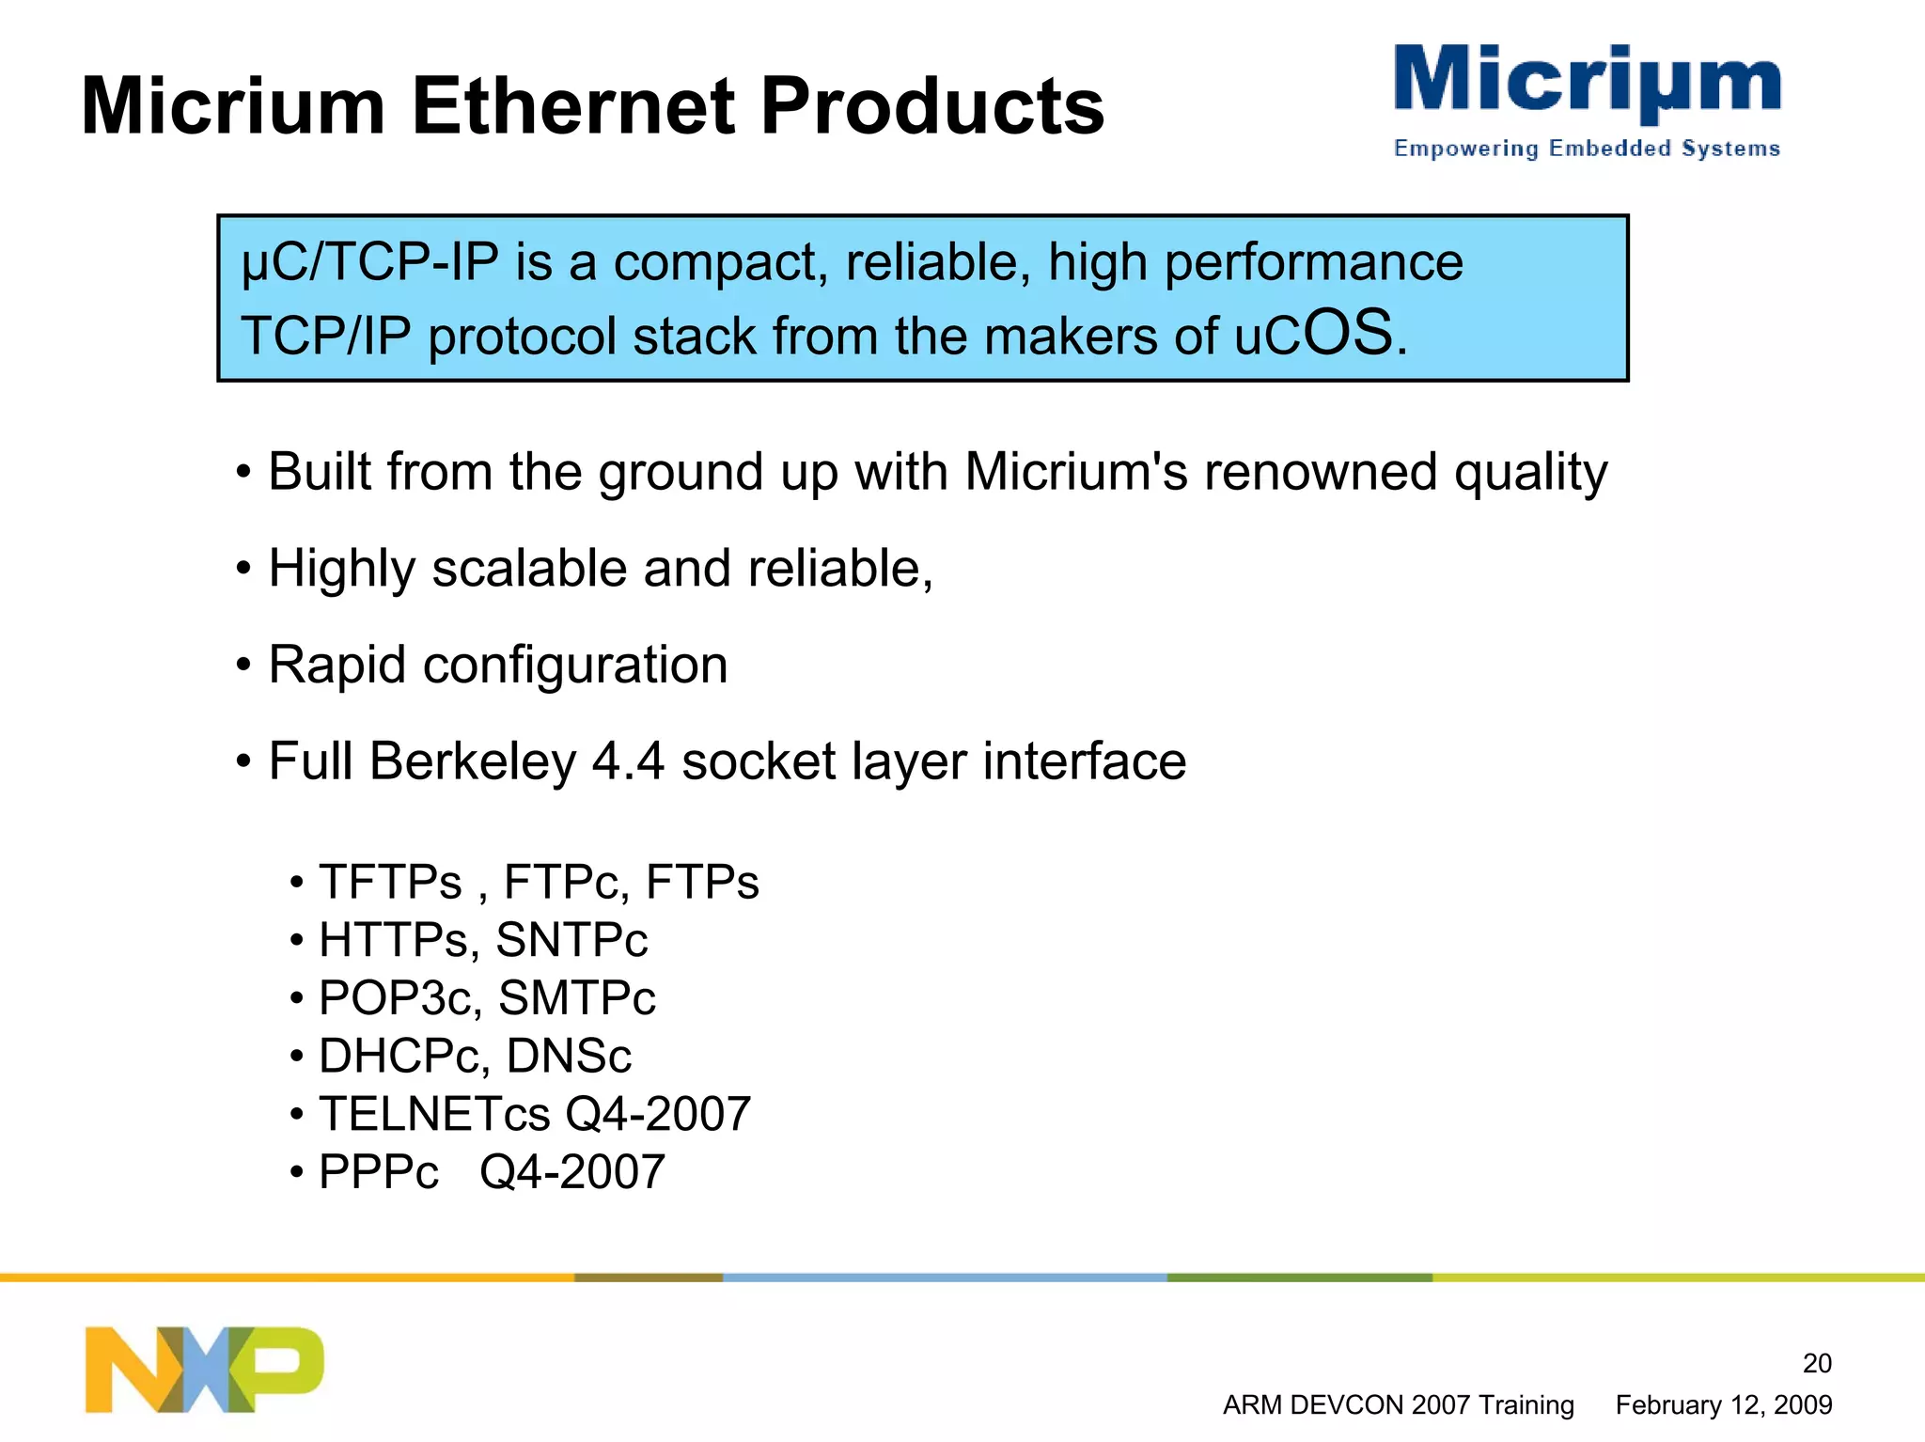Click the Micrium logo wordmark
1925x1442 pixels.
pyautogui.click(x=1587, y=83)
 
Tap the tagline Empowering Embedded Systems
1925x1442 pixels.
pyautogui.click(x=1587, y=149)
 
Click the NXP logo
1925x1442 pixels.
pyautogui.click(x=204, y=1369)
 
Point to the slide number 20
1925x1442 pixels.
pyautogui.click(x=1816, y=1363)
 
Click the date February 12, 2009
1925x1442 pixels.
pyautogui.click(x=1723, y=1405)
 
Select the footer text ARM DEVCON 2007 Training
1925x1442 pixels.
pyautogui.click(x=1398, y=1405)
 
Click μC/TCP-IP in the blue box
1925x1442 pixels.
pyautogui.click(x=369, y=262)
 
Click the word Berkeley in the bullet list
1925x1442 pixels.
pyautogui.click(x=473, y=761)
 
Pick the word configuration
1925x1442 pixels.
pyautogui.click(x=575, y=666)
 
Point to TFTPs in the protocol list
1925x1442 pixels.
pyautogui.click(x=390, y=883)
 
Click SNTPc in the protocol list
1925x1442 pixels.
pyautogui.click(x=571, y=941)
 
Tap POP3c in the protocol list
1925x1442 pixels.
pyautogui.click(x=395, y=998)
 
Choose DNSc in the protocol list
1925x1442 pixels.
pyautogui.click(x=569, y=1057)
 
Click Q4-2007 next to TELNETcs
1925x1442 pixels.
pyautogui.click(x=657, y=1115)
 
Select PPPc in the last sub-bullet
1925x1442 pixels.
pyautogui.click(x=378, y=1172)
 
